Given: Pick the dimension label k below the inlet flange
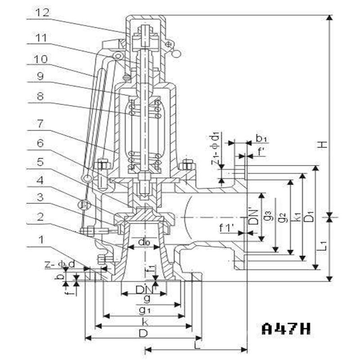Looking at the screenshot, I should pyautogui.click(x=144, y=321).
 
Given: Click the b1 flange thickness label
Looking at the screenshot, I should pyautogui.click(x=261, y=138).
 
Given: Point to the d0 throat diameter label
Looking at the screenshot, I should pyautogui.click(x=144, y=243).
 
